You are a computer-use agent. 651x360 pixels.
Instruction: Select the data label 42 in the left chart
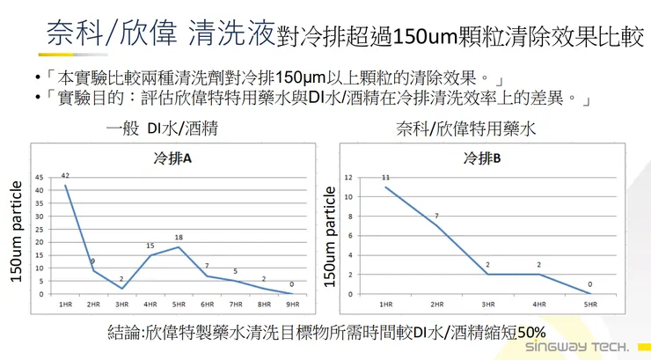click(x=65, y=177)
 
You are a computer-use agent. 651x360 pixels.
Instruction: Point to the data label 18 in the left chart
click(x=179, y=238)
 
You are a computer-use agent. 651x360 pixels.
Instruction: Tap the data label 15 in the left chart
click(x=150, y=246)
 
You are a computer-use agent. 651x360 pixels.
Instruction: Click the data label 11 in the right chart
click(x=385, y=179)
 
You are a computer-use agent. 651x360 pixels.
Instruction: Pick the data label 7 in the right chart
click(x=435, y=217)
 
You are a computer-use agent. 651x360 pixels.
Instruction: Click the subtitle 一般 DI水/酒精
click(x=161, y=129)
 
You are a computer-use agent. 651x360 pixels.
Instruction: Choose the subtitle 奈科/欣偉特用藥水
click(x=478, y=129)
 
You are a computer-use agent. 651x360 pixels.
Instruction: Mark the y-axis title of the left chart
click(x=16, y=231)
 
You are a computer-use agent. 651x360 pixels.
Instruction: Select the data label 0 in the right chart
click(x=590, y=284)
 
